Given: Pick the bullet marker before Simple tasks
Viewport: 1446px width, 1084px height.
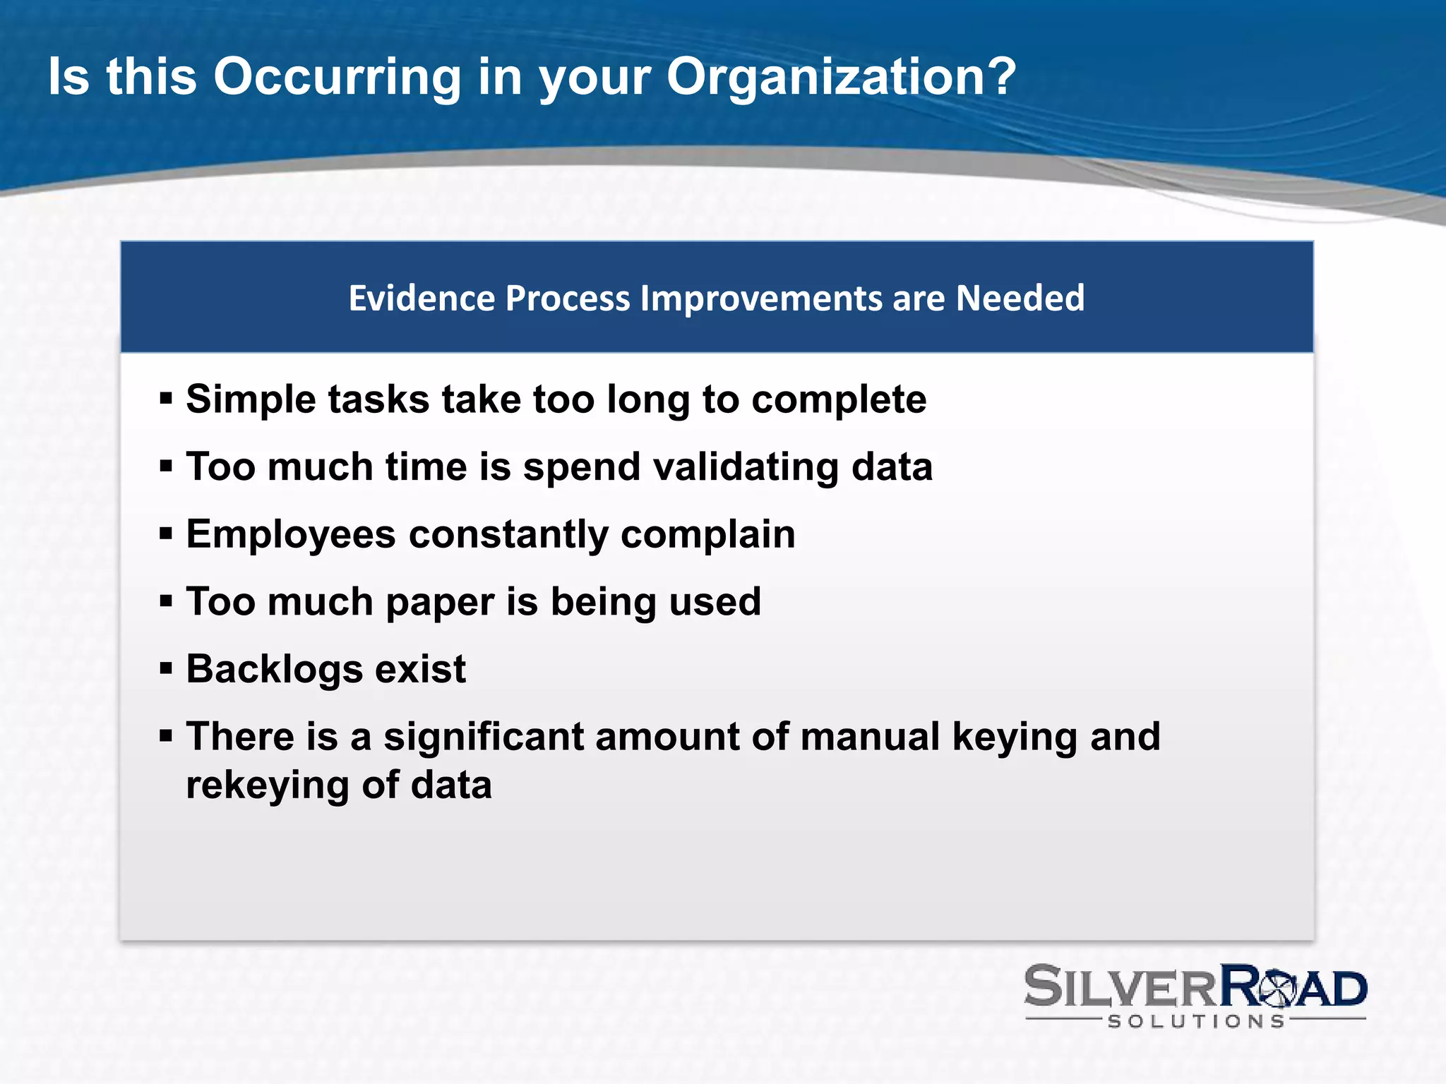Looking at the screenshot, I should tap(167, 399).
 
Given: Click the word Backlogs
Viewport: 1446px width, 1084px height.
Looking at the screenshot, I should tap(274, 669).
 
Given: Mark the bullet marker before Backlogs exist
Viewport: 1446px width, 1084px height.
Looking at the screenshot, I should tap(167, 668).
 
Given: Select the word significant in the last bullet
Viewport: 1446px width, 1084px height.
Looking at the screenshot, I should tap(483, 737).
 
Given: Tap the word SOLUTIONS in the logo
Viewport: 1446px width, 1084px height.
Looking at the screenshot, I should tap(1196, 1021).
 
